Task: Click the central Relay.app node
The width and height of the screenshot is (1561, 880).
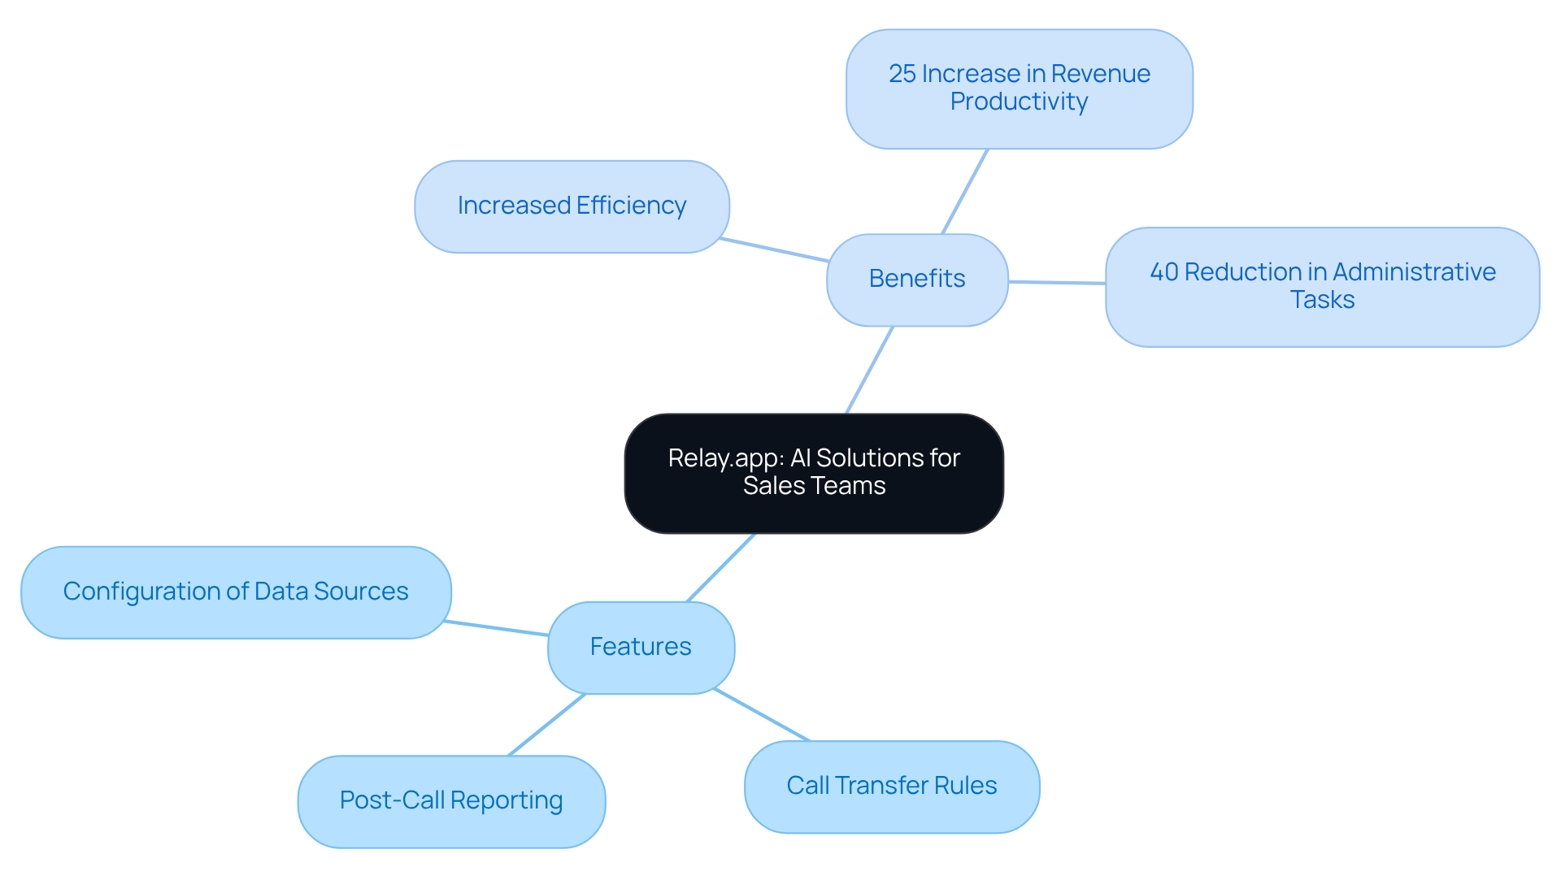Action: (814, 473)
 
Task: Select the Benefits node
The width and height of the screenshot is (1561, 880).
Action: (917, 280)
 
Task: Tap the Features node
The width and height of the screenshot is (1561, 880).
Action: (641, 647)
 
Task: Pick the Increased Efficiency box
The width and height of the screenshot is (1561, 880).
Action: (572, 206)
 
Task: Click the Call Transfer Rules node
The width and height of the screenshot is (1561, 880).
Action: (892, 786)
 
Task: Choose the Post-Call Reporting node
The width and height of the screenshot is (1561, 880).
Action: (451, 801)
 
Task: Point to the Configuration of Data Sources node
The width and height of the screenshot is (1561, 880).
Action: (236, 592)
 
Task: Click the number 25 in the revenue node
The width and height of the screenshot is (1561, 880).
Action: (902, 74)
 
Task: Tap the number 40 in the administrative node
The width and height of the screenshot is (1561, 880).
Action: (1164, 272)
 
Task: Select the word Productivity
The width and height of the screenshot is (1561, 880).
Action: (1019, 102)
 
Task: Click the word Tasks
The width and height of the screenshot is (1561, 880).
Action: (1322, 300)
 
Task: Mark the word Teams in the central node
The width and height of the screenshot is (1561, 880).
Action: (854, 486)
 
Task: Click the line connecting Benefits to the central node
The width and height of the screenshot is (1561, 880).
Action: (870, 370)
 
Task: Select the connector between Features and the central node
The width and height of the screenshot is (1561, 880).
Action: (721, 568)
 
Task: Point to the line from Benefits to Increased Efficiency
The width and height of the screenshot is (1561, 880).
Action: (774, 249)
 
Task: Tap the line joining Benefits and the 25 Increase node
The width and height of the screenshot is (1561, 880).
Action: (965, 192)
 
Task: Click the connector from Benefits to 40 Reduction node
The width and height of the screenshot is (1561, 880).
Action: (1057, 283)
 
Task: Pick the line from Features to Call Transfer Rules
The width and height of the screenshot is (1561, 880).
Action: (762, 715)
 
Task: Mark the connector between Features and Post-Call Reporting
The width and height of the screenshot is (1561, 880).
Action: (546, 725)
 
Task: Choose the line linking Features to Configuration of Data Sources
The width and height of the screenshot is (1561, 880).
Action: (497, 628)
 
